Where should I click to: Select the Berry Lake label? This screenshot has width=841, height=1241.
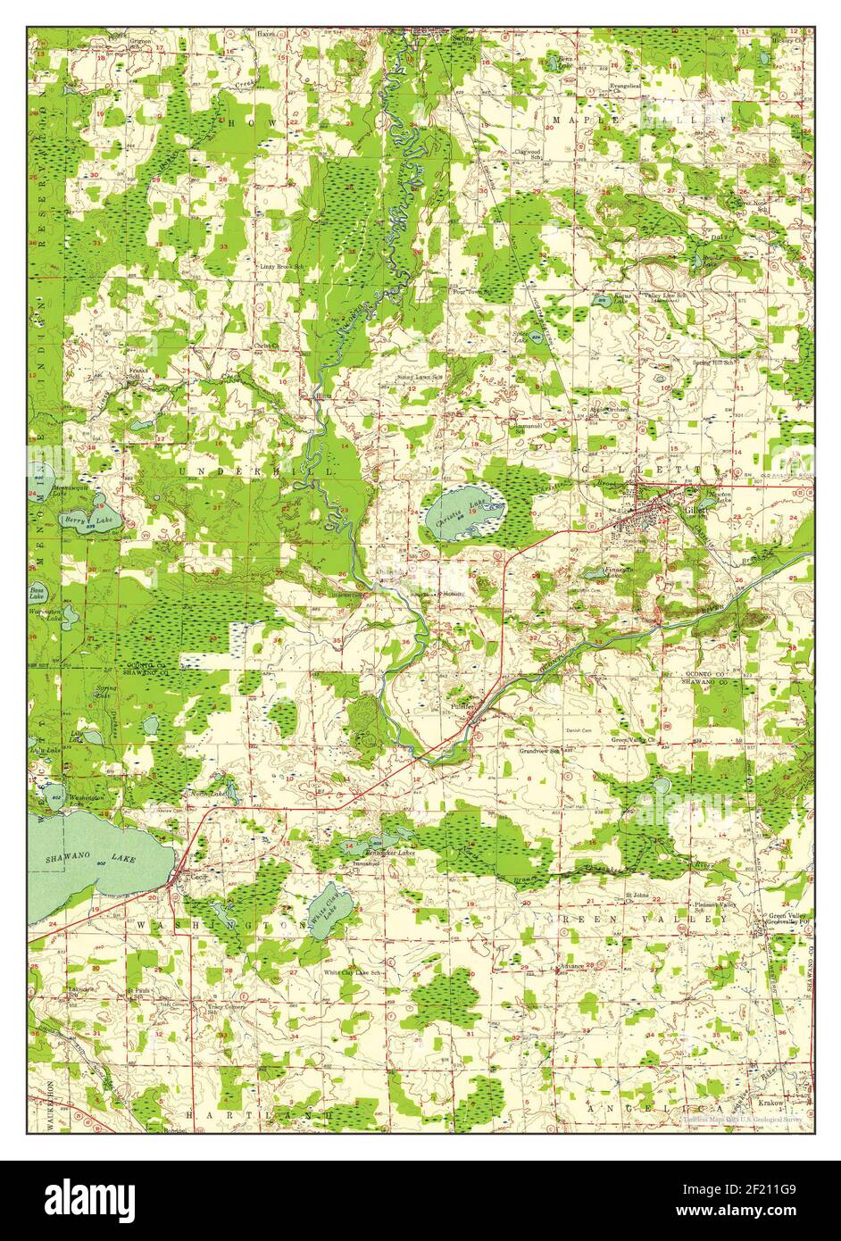[x=79, y=519]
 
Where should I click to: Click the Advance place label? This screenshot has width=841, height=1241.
[x=571, y=966]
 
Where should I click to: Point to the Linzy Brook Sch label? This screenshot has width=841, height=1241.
[x=282, y=266]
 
